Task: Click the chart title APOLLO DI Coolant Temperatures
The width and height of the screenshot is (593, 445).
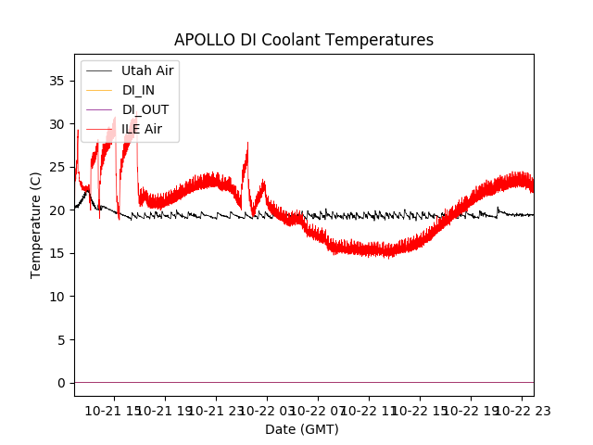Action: pos(304,41)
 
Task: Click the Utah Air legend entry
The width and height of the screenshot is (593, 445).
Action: pos(146,70)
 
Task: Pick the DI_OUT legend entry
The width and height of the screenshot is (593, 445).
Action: pos(145,109)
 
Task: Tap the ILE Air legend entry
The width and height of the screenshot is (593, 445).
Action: pos(141,129)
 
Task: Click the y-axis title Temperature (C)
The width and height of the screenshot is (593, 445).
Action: pos(36,224)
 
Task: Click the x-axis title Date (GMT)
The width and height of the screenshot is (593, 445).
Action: pos(302,429)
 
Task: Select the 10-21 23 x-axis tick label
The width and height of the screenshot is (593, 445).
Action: pos(218,411)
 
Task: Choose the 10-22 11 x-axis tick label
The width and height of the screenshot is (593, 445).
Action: pos(370,411)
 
